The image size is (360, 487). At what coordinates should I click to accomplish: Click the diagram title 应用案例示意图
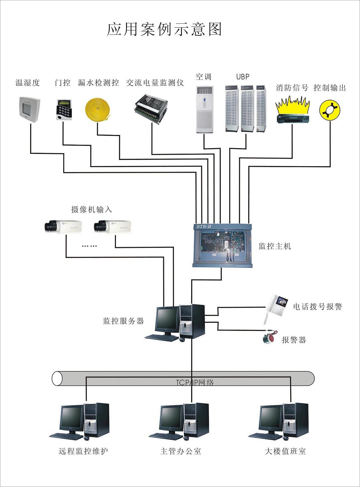tap(164, 29)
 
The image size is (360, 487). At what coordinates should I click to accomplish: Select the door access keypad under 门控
tap(64, 109)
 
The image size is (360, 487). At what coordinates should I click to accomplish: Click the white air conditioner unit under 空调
tap(205, 109)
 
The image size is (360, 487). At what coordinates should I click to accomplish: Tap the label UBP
tap(243, 77)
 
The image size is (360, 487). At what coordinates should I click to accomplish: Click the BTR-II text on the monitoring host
tap(204, 227)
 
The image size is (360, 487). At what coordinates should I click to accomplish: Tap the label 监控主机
tap(275, 246)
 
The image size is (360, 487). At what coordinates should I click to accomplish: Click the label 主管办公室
tap(180, 451)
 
